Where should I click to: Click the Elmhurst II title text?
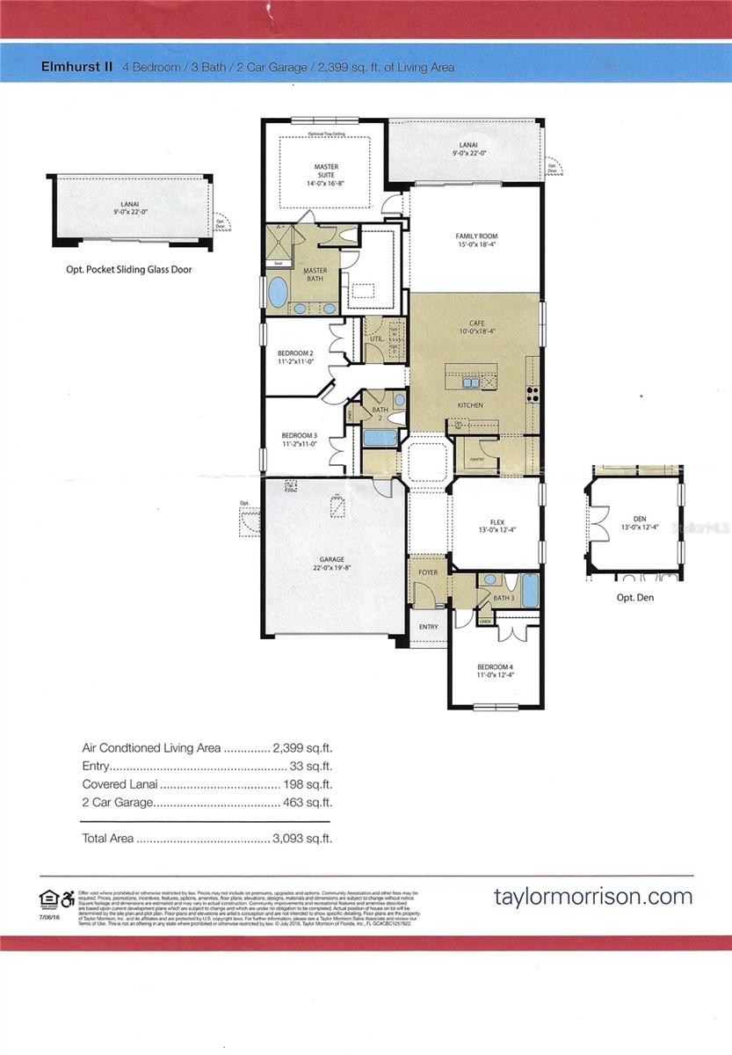pos(76,67)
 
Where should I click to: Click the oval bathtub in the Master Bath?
pos(277,292)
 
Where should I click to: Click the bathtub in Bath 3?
pos(529,590)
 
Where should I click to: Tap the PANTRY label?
pos(477,459)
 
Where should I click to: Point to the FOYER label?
pos(428,572)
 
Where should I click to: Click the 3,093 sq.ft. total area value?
pos(303,839)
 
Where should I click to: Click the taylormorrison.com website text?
pos(593,897)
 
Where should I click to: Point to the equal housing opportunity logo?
pos(49,897)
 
